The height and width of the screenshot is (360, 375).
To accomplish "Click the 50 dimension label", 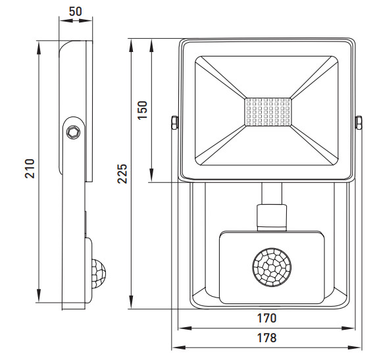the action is coord(76,11).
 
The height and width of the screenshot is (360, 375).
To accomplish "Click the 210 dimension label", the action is coord(30,168).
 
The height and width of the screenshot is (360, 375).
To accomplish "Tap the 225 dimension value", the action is coord(122,174).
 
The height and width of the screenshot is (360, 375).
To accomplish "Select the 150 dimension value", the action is coord(143,111).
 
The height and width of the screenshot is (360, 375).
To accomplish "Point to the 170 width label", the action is coord(266,318).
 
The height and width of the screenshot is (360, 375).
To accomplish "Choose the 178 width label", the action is coord(266,338).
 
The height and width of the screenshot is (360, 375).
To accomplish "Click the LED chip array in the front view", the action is coord(268,112).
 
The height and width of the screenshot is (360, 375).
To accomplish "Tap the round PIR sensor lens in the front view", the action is coord(272,267).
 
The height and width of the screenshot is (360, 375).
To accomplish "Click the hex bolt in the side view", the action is coord(74,132).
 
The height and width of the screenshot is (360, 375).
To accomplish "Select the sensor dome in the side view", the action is coord(99,273).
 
